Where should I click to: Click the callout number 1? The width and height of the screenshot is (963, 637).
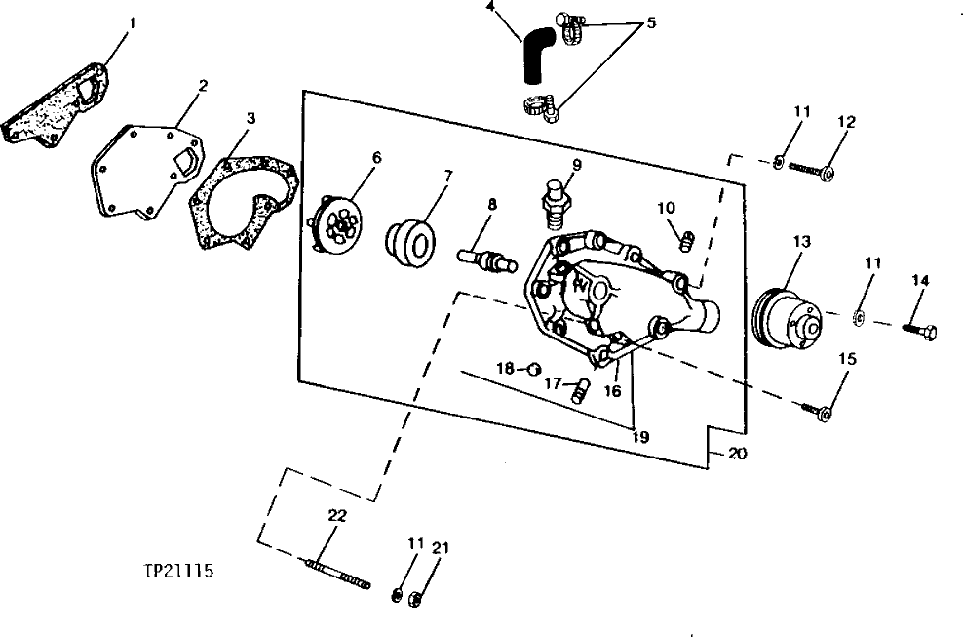pos(133,20)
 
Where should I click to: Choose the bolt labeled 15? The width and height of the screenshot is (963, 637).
pos(821,413)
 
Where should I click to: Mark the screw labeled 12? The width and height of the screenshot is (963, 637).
pos(809,170)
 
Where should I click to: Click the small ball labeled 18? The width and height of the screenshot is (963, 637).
pos(533,368)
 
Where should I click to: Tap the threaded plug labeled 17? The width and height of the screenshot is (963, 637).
pos(582,389)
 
